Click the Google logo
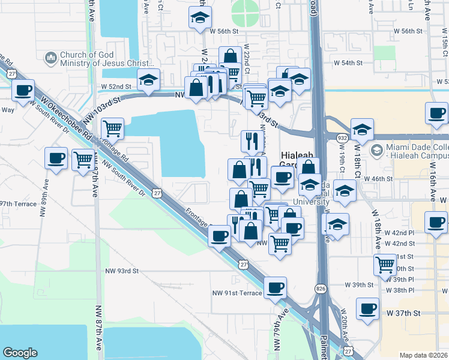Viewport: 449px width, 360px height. (20, 353)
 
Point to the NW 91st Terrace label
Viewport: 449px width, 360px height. (237, 293)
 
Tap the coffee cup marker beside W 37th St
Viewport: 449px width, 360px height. (367, 309)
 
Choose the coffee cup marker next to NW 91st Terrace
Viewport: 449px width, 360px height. (275, 287)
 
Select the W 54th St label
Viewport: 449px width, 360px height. (349, 62)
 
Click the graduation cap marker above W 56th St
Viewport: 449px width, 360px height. (200, 17)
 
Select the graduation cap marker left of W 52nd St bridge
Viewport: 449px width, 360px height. (148, 79)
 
